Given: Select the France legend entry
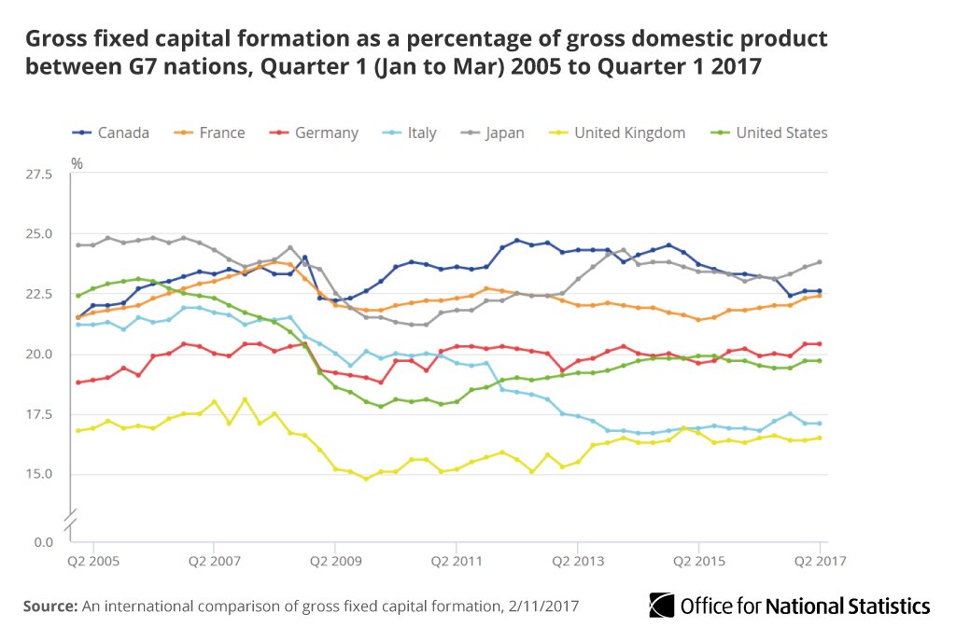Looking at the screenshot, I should tap(210, 132).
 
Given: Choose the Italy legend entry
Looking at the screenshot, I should tap(410, 132).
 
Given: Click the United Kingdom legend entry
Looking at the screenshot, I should tap(617, 132).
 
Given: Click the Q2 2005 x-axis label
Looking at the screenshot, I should tap(93, 563).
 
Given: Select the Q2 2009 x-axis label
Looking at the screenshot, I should tap(335, 563).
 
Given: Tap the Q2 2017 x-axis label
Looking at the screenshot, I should tap(819, 563).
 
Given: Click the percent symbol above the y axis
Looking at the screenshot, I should tap(77, 163).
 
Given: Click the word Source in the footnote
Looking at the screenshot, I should tap(49, 606).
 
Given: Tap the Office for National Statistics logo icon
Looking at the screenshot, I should tap(662, 605).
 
